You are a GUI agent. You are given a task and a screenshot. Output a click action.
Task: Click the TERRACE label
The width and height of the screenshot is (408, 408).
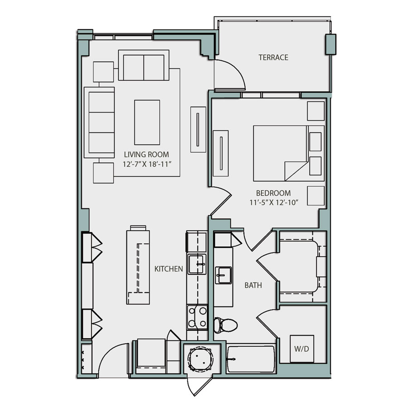pyautogui.click(x=273, y=58)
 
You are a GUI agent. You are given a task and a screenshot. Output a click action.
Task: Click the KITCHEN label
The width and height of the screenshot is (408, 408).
pyautogui.click(x=169, y=269)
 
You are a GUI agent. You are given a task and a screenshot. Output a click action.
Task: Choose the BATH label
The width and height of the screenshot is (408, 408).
pyautogui.click(x=253, y=286)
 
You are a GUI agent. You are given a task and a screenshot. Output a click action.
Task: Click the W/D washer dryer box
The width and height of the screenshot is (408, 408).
pyautogui.click(x=301, y=349)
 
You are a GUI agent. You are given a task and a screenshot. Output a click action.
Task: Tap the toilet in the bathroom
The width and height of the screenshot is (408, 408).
pyautogui.click(x=225, y=324)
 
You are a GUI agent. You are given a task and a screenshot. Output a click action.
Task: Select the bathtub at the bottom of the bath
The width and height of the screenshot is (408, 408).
pyautogui.click(x=251, y=359)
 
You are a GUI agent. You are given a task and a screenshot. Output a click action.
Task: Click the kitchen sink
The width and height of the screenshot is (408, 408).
pyautogui.click(x=197, y=264)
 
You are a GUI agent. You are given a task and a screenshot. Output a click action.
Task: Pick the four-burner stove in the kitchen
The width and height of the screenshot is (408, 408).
pyautogui.click(x=197, y=317)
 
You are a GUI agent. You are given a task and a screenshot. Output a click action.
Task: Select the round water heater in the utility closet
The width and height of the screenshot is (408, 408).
pyautogui.click(x=200, y=359)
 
